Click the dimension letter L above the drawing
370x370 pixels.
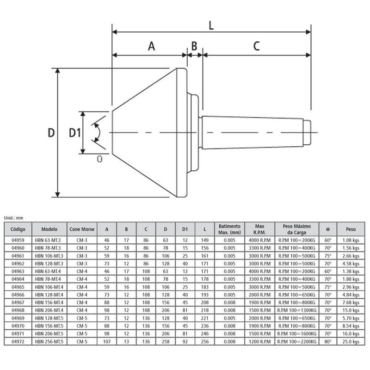(x=211, y=25)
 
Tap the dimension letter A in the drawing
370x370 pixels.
(x=152, y=46)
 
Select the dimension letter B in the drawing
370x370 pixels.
(x=194, y=46)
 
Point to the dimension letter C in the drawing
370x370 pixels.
(x=257, y=46)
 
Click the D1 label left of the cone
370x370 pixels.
(x=75, y=133)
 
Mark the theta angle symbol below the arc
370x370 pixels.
(x=99, y=159)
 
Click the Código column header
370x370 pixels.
(x=18, y=229)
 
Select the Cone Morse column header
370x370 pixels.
(x=82, y=229)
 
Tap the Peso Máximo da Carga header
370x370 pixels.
(x=296, y=229)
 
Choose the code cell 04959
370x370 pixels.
(x=18, y=240)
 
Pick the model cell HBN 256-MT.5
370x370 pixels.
(x=49, y=341)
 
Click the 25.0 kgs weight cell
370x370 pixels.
(x=351, y=341)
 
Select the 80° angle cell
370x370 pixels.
(x=328, y=341)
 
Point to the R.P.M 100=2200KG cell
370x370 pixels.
(x=296, y=341)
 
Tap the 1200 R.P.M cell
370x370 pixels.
(x=259, y=341)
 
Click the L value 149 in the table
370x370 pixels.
(x=204, y=240)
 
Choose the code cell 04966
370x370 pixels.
(x=18, y=295)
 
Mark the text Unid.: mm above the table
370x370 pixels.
(x=13, y=218)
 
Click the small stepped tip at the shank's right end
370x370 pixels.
(x=307, y=132)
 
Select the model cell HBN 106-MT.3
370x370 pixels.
(x=49, y=256)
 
